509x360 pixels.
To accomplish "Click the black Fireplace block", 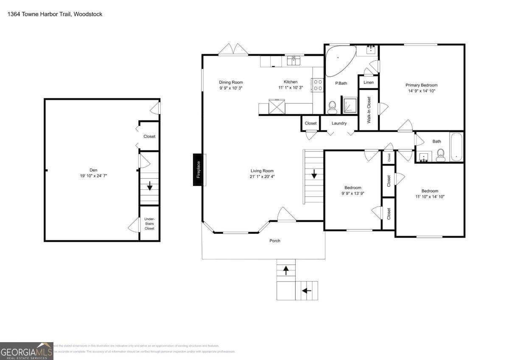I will [197, 170].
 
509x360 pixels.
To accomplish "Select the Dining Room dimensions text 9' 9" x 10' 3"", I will [231, 88].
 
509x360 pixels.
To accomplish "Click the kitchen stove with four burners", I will [317, 85].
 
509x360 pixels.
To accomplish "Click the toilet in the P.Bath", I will [332, 107].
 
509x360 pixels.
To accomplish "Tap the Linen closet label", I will [369, 82].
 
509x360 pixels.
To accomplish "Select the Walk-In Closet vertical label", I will [369, 110].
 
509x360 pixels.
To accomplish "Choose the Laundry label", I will [339, 124].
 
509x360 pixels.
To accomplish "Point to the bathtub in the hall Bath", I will [456, 147].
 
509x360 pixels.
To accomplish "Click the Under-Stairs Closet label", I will [149, 224].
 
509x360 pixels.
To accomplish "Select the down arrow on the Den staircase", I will [149, 186].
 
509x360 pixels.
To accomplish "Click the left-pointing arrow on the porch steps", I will [306, 291].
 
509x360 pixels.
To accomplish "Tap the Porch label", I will [275, 241].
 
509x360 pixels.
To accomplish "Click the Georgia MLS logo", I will [26, 351].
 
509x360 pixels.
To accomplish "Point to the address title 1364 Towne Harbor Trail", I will [55, 14].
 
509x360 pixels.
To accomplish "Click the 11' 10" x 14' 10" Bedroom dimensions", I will [430, 197].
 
